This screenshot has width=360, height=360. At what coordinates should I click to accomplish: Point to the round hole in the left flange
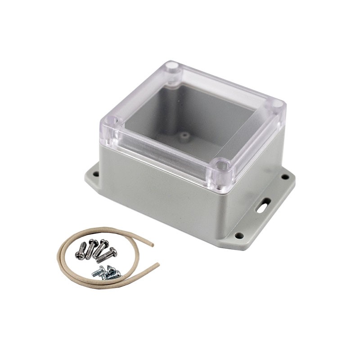[96, 172]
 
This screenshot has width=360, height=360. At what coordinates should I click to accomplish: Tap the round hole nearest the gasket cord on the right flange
[239, 235]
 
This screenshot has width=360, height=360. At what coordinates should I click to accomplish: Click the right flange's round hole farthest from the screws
[285, 177]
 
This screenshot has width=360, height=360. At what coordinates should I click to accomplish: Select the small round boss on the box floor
[184, 134]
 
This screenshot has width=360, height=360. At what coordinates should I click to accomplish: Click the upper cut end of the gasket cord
[152, 245]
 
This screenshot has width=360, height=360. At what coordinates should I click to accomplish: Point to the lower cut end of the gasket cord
[157, 265]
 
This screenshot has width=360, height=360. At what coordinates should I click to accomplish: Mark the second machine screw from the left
[91, 249]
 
